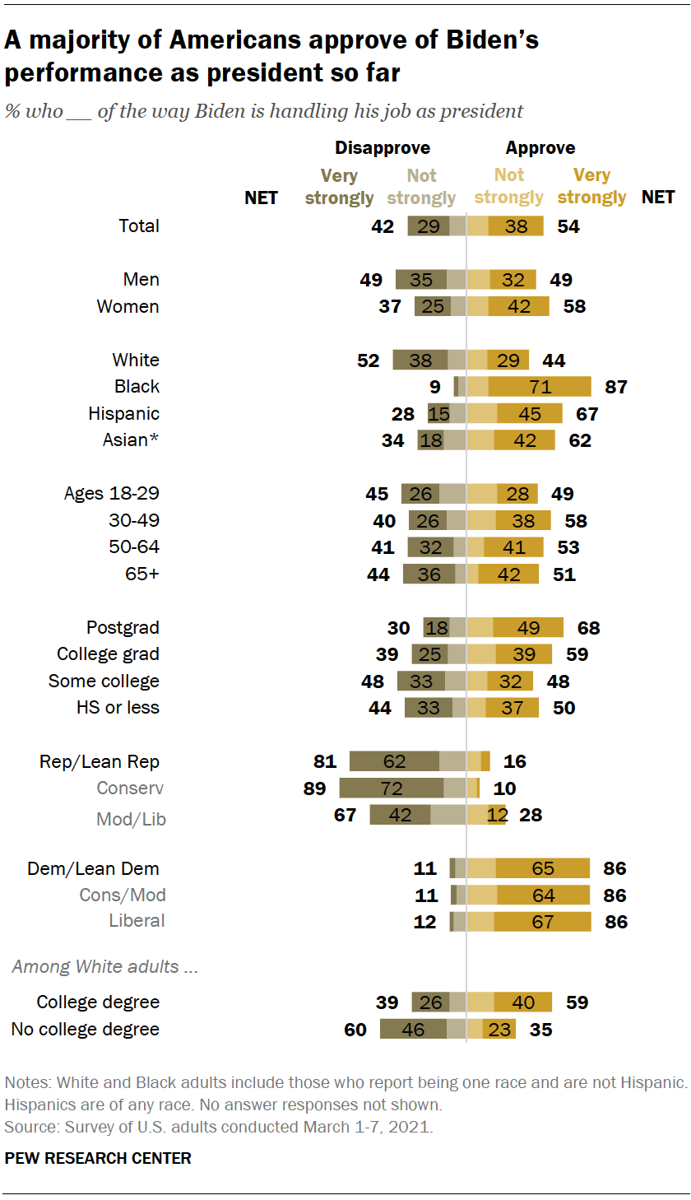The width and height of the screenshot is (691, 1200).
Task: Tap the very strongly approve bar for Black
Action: click(540, 387)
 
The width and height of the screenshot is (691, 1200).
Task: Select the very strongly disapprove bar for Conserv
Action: click(392, 788)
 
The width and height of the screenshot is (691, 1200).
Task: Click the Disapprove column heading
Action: click(382, 148)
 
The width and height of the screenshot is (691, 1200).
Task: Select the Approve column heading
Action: click(540, 148)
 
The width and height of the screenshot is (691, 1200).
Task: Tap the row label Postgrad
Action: click(123, 628)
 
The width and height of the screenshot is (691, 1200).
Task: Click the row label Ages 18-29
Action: click(112, 494)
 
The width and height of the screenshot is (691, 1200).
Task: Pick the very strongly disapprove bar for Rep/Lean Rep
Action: click(395, 761)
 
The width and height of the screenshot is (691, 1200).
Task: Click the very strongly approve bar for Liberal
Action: click(542, 922)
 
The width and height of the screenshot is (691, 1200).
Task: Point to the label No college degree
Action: click(85, 1030)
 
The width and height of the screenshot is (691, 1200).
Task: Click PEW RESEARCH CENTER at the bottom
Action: click(98, 1158)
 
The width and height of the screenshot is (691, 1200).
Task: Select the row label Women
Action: click(128, 307)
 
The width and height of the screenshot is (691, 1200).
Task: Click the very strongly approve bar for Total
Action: click(516, 226)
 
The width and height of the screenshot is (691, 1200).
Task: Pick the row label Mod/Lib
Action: click(131, 819)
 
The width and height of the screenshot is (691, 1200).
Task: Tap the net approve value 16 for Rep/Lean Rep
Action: click(514, 761)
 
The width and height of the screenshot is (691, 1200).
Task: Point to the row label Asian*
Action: click(130, 440)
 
